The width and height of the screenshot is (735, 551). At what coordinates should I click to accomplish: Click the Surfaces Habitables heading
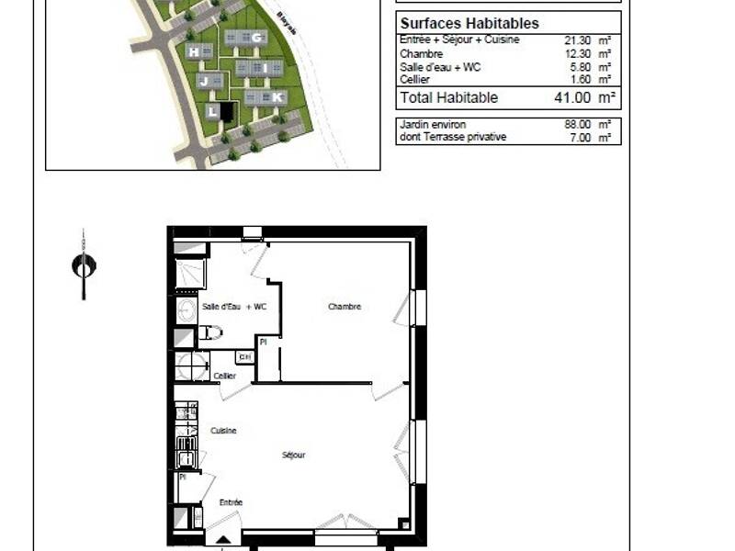pos(469,23)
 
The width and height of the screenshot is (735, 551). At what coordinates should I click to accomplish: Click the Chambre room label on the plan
pos(345,307)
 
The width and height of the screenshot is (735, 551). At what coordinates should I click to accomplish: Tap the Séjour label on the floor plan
pos(293,455)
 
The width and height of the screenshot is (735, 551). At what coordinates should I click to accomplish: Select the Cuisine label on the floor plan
pos(223,431)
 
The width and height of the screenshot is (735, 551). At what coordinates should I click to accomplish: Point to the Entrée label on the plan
pos(231,502)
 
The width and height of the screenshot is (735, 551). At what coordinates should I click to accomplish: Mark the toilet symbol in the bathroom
pos(210,332)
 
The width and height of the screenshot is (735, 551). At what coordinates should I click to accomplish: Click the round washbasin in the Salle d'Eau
pos(186,309)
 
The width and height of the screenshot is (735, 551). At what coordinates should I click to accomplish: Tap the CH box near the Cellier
pos(244,357)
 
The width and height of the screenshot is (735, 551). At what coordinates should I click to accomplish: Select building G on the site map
pos(256,38)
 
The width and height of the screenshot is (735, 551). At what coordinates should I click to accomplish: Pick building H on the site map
pos(194,51)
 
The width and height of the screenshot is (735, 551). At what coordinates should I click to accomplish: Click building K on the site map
pos(277,96)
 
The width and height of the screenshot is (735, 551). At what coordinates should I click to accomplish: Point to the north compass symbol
pos(84,265)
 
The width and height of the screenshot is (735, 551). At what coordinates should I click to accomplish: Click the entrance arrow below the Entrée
pos(220,542)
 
